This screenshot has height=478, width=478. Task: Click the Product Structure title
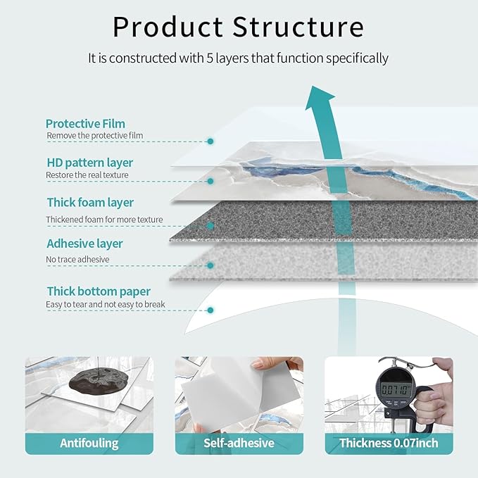[x=238, y=27]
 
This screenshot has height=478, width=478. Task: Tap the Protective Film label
[x=85, y=124]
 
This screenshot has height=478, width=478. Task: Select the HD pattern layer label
[x=89, y=163]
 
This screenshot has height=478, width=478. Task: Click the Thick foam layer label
[x=90, y=203]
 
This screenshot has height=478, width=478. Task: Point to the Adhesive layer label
[x=84, y=244]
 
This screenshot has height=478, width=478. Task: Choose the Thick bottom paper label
[x=99, y=291]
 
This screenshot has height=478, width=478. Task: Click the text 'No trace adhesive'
[x=77, y=260]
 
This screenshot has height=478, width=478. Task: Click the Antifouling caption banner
[x=90, y=443]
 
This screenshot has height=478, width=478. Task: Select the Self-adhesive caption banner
[x=239, y=443]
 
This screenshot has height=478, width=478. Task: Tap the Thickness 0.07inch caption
[x=388, y=443]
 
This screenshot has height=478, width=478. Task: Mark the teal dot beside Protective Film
[x=210, y=141]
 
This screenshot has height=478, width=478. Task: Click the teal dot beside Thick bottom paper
[x=210, y=310]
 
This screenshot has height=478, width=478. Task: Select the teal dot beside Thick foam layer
[x=210, y=226]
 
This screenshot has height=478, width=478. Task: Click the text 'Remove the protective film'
[x=94, y=135]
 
